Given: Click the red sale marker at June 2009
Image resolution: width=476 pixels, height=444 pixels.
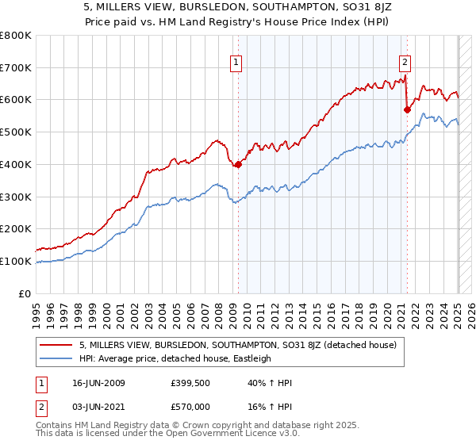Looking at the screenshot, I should (x=238, y=165).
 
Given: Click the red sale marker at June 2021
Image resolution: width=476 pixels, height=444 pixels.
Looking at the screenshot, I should (x=406, y=109).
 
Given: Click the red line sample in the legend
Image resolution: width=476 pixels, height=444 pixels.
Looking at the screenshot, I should (x=57, y=345).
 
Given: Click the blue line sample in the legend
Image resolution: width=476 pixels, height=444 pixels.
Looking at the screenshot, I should (x=57, y=358).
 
